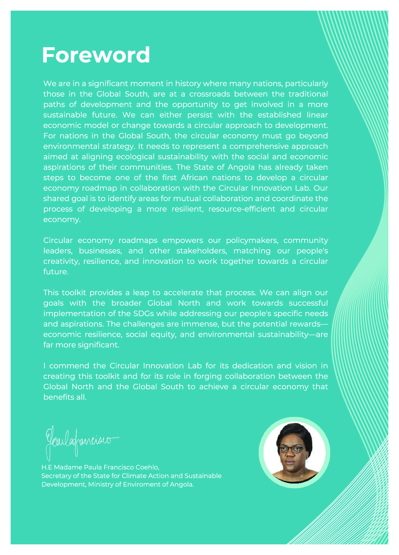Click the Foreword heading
click(96, 55)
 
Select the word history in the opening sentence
click(188, 84)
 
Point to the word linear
click(318, 115)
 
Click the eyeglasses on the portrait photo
click(292, 449)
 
